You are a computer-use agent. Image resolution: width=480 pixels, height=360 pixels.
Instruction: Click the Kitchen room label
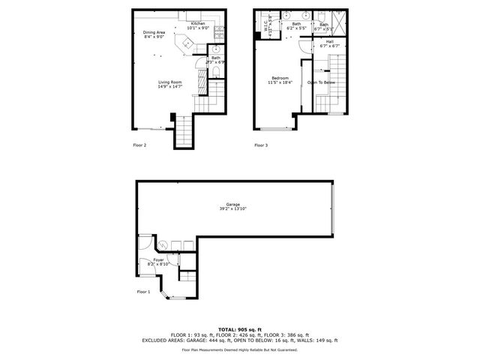(198, 24)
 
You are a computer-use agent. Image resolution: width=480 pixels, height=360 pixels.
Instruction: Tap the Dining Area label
(154, 32)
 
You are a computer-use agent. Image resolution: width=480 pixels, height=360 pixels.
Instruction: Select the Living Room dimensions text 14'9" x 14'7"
(169, 87)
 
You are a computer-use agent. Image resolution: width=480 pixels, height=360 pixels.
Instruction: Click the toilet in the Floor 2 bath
(216, 71)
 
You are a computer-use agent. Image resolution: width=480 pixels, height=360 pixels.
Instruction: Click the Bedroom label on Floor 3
(280, 77)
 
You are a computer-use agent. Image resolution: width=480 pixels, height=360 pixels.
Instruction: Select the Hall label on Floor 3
(330, 42)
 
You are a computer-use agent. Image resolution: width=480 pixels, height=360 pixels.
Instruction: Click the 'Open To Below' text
(322, 82)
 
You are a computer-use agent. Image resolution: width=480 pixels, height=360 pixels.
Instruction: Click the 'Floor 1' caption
(143, 291)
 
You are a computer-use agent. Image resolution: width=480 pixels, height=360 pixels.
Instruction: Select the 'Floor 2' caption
(139, 144)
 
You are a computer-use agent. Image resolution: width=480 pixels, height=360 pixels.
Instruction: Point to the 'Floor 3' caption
(261, 144)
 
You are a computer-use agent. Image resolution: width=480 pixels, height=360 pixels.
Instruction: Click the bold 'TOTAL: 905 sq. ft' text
(240, 329)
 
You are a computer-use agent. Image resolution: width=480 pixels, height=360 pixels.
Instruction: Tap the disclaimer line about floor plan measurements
(240, 349)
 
